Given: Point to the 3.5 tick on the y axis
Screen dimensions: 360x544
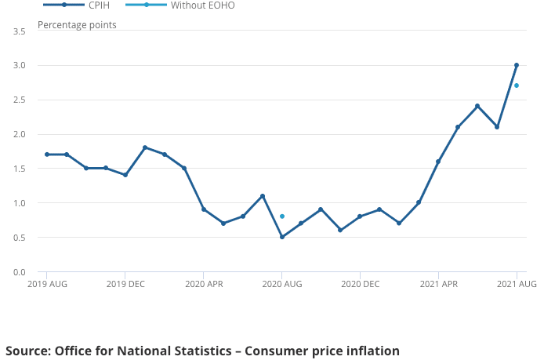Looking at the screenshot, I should coord(20,31).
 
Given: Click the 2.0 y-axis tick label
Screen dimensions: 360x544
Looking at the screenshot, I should coord(20,134).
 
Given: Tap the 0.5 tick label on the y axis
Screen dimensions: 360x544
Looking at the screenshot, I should coord(20,238).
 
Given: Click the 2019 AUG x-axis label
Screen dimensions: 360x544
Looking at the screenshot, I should coord(47,284).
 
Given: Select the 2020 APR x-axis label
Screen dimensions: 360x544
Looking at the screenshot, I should coord(204,284).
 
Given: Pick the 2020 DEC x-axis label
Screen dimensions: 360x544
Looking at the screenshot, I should coord(360,284).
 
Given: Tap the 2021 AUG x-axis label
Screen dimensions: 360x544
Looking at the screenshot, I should coord(517,284).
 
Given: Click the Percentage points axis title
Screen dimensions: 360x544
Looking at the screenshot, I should coord(77,25).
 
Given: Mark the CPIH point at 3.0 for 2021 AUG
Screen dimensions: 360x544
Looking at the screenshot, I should coord(517,65).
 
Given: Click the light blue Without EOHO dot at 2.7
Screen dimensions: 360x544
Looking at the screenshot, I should coord(517,85).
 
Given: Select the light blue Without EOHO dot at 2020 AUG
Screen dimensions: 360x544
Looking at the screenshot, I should coord(282,216).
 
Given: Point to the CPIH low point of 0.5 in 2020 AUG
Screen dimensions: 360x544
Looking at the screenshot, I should coord(282,237).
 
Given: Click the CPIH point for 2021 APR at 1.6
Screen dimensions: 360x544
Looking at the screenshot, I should coord(438,162).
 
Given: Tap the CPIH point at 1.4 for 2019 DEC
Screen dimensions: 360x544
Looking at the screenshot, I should coord(125,175).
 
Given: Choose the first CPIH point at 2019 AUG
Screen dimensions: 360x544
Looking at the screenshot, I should coord(47,155).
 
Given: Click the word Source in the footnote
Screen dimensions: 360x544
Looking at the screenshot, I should coord(27,351).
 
